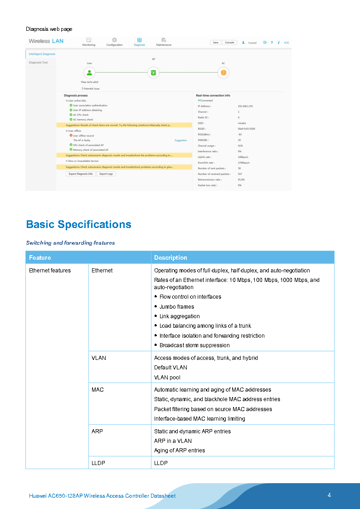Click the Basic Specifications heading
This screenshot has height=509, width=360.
pos(78,224)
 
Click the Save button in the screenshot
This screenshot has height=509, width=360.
pos(215,43)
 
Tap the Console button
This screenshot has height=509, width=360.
pos(229,43)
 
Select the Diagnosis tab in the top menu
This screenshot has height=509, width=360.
pos(139,42)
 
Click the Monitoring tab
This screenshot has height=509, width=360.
pos(89,42)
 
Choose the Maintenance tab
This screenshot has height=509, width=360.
pos(164,42)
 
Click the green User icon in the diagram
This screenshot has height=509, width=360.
pos(90,73)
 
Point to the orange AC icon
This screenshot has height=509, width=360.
pos(223,73)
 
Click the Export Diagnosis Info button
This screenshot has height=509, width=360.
pos(80,174)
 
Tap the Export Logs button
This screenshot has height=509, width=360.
pos(107,174)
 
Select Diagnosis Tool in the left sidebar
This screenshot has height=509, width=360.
pos(38,63)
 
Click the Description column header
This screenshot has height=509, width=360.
pos(170,257)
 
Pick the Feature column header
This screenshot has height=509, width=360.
pos(40,257)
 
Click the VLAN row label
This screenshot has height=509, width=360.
pos(98,358)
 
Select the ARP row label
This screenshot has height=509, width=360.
pos(97,431)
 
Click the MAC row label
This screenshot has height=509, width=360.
pos(97,389)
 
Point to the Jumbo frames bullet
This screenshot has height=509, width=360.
pos(176,307)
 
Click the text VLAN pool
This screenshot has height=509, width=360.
pos(167,377)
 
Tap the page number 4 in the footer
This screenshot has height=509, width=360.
pos(329,495)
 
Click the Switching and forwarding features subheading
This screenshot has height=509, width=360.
pos(70,243)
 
